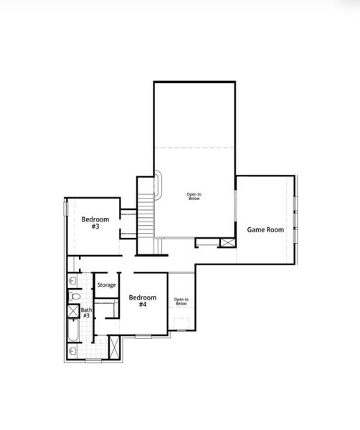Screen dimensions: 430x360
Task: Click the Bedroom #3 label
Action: [x=94, y=223]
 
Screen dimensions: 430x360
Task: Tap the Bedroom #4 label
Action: [x=142, y=301]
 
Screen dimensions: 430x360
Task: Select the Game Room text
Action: [x=265, y=230]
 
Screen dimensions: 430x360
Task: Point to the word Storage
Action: [x=107, y=285]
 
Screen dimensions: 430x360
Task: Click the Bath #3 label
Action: [x=85, y=312]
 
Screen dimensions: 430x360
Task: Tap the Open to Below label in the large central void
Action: [x=194, y=196]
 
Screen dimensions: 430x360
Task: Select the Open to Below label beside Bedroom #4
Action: [x=181, y=302]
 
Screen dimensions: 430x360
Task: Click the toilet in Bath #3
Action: [x=73, y=295]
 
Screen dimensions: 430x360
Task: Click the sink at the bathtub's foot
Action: [x=73, y=351]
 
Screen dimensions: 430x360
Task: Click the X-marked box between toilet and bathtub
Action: [x=73, y=311]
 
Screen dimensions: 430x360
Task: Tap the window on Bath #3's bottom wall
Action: [x=93, y=360]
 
